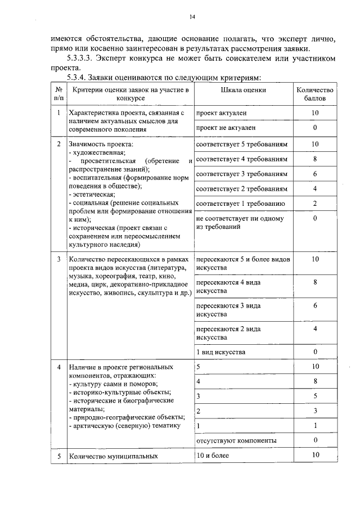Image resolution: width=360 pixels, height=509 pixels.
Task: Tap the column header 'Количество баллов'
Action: point(315,93)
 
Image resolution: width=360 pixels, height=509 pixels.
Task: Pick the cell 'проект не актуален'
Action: point(226,128)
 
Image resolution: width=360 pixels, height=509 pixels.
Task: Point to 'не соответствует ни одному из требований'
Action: point(240,223)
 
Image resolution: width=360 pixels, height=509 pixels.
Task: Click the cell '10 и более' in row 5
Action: point(213,455)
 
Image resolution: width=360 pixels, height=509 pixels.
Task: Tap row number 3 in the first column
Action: point(58,259)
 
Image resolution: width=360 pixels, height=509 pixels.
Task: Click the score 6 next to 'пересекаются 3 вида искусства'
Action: point(315,305)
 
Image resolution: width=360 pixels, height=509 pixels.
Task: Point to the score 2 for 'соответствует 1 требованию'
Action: point(315,203)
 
